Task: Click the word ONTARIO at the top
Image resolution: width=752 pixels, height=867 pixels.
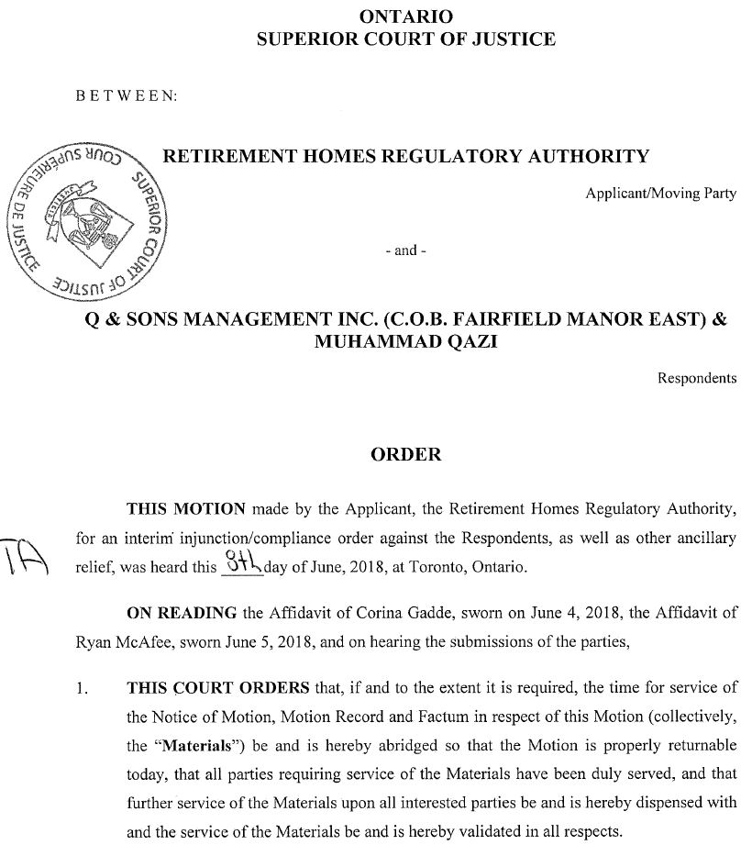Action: [405, 16]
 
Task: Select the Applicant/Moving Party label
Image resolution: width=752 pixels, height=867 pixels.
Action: [661, 195]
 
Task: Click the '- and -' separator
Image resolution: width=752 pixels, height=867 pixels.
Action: [405, 250]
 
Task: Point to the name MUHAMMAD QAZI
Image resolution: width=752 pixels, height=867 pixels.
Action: [405, 344]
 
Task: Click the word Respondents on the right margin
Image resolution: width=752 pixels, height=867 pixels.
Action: [697, 378]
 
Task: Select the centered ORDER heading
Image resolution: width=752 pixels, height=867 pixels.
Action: [405, 454]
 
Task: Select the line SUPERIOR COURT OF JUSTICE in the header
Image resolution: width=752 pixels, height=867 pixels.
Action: [405, 39]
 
